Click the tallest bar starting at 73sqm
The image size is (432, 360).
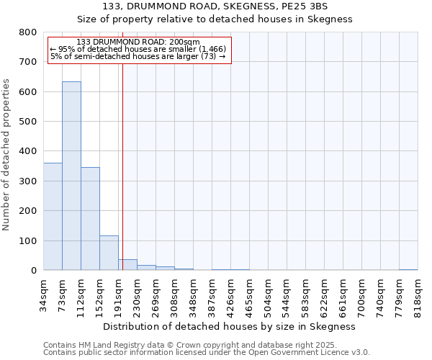coord(71,176)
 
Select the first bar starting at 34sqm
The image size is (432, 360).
coord(53,216)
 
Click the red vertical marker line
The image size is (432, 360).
coord(122,166)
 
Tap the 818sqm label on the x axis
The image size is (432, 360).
coord(418,295)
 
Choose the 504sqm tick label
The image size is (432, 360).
coord(268,295)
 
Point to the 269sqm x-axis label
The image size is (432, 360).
coord(156,295)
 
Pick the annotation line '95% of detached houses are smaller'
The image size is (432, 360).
coord(138,49)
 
